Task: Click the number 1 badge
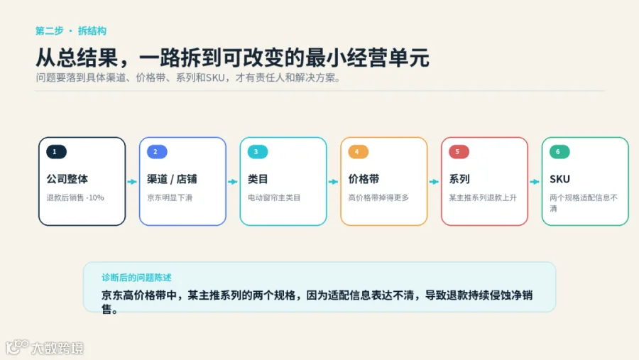click(56, 152)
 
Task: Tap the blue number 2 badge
click(157, 152)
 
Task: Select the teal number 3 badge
click(258, 152)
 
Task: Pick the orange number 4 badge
click(359, 152)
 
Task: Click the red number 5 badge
click(459, 152)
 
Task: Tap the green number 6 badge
click(559, 152)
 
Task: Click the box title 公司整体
click(67, 179)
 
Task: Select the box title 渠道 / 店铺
click(172, 179)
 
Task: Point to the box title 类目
click(258, 179)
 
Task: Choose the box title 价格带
click(364, 179)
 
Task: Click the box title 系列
click(459, 179)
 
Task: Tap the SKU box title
click(559, 179)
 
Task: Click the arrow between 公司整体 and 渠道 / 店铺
click(132, 182)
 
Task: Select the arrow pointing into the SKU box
click(535, 182)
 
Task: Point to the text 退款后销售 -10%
click(75, 197)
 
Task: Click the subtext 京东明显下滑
click(170, 197)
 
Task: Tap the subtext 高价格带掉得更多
click(378, 197)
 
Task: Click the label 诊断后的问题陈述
click(136, 278)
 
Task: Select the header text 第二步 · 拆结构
click(71, 31)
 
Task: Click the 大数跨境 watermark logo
click(45, 347)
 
